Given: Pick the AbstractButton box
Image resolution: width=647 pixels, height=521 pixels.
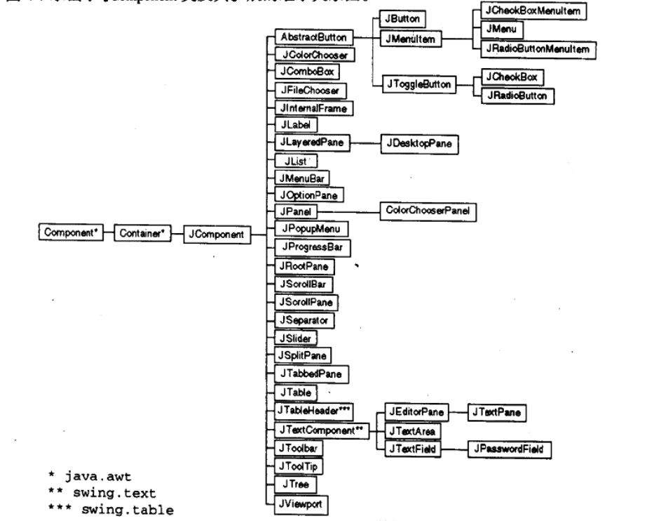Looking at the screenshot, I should click(x=311, y=36).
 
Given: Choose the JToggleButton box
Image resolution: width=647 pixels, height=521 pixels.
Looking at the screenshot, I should click(x=412, y=84).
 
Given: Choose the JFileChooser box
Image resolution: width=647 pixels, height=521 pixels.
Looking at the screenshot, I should click(x=308, y=91).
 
